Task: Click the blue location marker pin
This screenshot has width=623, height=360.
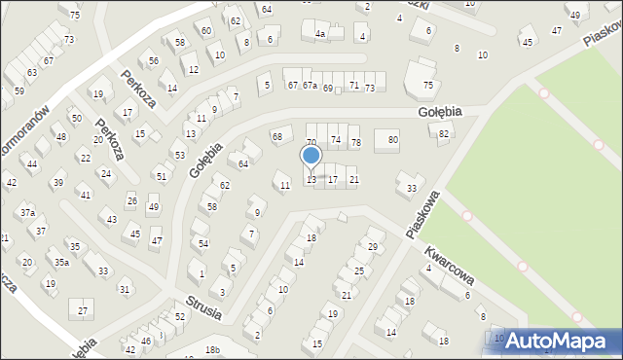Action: pos(311,157)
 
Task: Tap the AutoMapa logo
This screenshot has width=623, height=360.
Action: pos(552,341)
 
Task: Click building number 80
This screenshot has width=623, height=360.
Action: pos(392,140)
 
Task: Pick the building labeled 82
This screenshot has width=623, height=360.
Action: pos(444,133)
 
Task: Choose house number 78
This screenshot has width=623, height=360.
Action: pos(355,143)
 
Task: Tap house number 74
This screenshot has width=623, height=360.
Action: pos(335,140)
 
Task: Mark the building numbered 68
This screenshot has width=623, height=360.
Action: pos(277,136)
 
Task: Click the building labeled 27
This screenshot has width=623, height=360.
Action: pos(83,310)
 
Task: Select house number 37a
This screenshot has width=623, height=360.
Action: pos(27,212)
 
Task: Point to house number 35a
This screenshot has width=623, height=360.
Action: pos(61,262)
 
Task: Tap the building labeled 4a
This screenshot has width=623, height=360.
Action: pos(319,34)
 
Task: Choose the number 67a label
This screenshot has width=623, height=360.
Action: pos(310,86)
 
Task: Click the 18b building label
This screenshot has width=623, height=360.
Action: pos(212,350)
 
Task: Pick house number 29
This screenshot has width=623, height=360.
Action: pos(372,247)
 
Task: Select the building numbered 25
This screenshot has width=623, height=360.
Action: pos(358,270)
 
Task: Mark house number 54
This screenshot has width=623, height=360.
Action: pos(202,243)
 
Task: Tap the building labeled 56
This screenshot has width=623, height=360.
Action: pos(154,60)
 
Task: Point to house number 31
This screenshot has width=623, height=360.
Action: pos(124,289)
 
